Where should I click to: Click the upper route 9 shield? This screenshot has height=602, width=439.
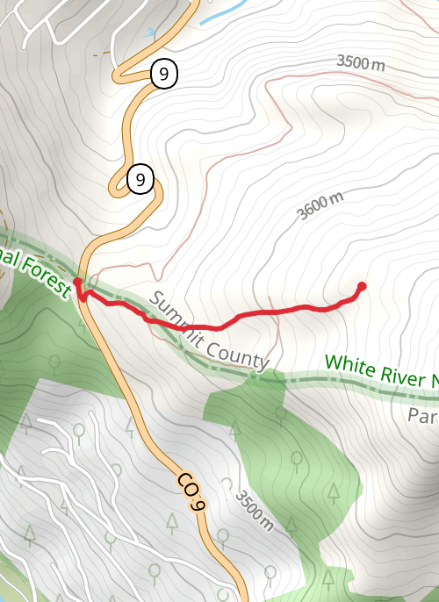tap(163, 74)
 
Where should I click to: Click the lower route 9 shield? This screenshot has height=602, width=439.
tap(140, 181)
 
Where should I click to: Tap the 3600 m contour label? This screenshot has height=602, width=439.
tap(320, 206)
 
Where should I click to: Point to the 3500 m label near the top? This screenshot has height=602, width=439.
tap(361, 62)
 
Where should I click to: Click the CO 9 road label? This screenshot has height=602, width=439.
tap(191, 492)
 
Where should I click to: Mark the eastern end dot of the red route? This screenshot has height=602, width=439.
tap(362, 286)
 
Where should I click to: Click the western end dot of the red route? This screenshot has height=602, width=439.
tap(77, 282)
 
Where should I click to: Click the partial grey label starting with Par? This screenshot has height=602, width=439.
tap(423, 415)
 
